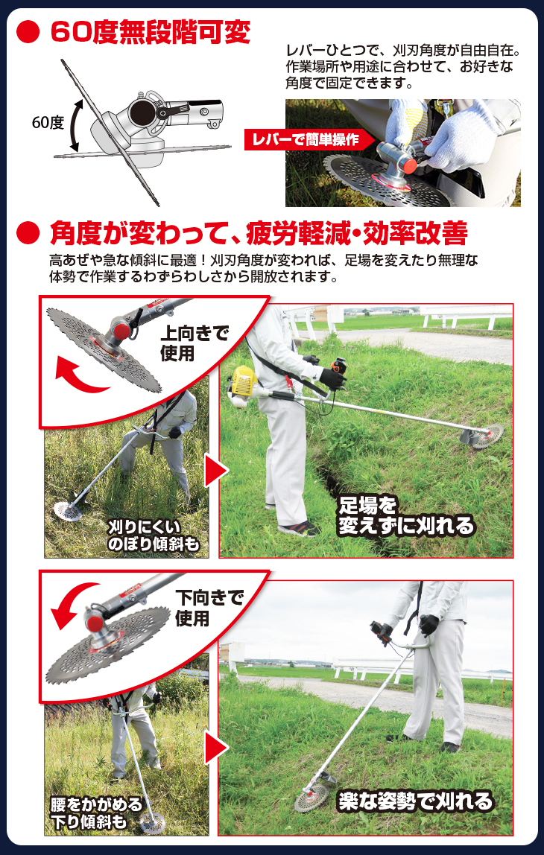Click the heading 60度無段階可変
(x=150, y=34)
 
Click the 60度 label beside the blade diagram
(x=48, y=122)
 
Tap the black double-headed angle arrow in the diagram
(x=75, y=125)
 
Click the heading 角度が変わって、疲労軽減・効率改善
(x=259, y=233)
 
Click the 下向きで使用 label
(x=209, y=608)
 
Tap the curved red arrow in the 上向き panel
(x=82, y=375)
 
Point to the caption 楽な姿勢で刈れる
(x=415, y=801)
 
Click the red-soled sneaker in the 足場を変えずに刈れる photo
(x=299, y=528)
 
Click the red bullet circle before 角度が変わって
(x=28, y=233)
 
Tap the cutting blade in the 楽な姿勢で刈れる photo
(x=311, y=795)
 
